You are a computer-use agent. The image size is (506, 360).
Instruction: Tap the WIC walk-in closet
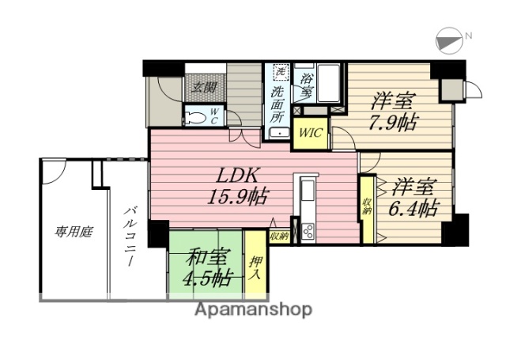pyautogui.click(x=310, y=132)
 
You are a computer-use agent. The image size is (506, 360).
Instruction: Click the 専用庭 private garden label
pyautogui.click(x=74, y=232)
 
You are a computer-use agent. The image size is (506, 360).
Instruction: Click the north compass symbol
pyautogui.click(x=448, y=40)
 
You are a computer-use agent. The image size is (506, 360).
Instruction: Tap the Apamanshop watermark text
pyautogui.click(x=253, y=309)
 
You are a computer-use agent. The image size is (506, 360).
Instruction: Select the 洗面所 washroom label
pyautogui.click(x=277, y=103)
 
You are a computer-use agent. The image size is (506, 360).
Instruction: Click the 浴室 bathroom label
pyautogui.click(x=307, y=85)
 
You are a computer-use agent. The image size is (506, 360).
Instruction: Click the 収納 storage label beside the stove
pyautogui.click(x=279, y=235)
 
